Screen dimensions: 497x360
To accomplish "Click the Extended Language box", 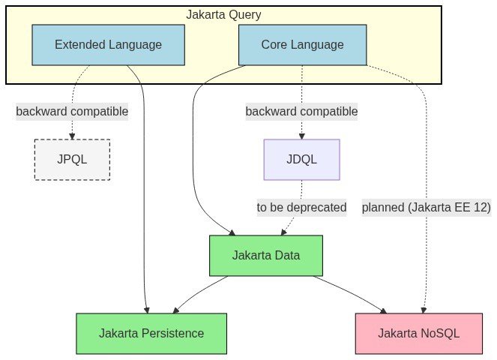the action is click(109, 45).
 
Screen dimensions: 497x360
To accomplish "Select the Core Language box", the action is click(302, 45).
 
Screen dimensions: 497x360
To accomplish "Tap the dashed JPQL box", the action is click(72, 160).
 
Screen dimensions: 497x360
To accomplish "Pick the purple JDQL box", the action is click(302, 160).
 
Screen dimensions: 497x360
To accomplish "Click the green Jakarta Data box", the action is click(266, 256).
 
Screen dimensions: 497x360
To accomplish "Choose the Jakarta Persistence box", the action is click(151, 334).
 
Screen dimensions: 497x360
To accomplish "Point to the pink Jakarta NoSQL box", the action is click(419, 334).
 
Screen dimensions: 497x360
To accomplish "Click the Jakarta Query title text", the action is click(223, 14).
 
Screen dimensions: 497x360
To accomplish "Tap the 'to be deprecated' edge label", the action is click(301, 208).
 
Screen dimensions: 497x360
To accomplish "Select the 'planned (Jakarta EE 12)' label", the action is click(427, 208).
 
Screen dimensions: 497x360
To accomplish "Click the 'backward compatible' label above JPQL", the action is click(72, 112).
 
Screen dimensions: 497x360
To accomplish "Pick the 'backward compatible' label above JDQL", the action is click(302, 112).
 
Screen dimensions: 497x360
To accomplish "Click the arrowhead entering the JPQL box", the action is click(72, 136).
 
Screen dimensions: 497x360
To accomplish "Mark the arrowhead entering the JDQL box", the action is click(302, 136).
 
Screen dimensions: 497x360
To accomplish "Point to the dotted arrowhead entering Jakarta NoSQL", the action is click(424, 310).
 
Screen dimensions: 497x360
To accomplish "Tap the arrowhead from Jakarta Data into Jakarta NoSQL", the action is click(384, 310).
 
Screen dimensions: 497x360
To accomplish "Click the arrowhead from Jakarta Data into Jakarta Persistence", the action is click(176, 310).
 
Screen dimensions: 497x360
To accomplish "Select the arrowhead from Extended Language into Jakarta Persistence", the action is click(146, 310).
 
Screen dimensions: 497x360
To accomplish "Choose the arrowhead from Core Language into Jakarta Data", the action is click(232, 232).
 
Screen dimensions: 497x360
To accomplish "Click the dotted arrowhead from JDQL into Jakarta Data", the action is click(283, 232).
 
